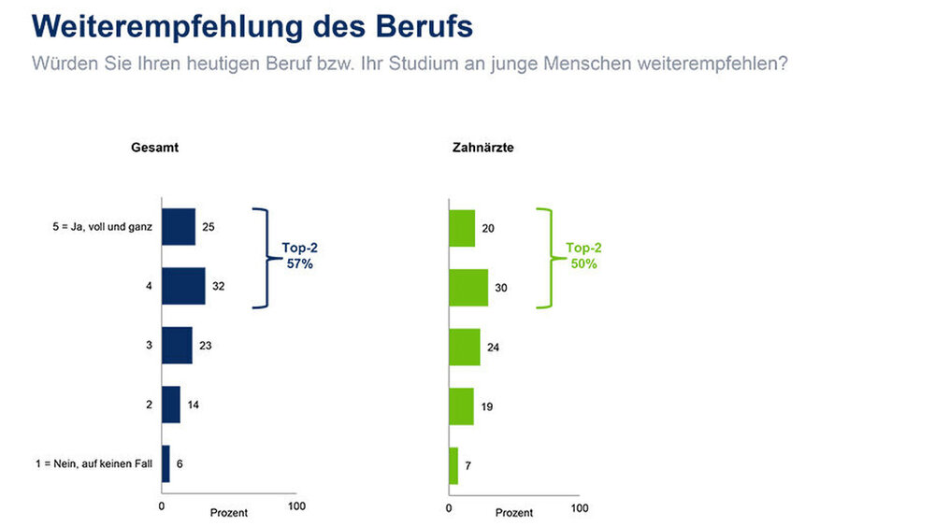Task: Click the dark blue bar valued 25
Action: [x=179, y=227]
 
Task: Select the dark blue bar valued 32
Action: [x=183, y=286]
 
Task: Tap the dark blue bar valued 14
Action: [x=171, y=405]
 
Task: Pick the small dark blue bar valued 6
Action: [x=165, y=463]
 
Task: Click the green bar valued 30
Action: [x=468, y=288]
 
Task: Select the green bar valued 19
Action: [x=462, y=406]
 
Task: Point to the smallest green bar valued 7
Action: [x=453, y=465]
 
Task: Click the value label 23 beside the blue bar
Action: [x=206, y=346]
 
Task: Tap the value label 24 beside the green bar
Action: [x=494, y=348]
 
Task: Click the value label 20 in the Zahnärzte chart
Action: [x=488, y=229]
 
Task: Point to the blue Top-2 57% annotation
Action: [x=300, y=257]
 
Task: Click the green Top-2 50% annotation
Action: [x=584, y=257]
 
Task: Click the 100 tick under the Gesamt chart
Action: [x=296, y=506]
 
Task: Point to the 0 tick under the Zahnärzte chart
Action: [x=449, y=508]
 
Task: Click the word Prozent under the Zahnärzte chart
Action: [x=514, y=513]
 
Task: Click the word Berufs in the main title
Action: [x=420, y=26]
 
